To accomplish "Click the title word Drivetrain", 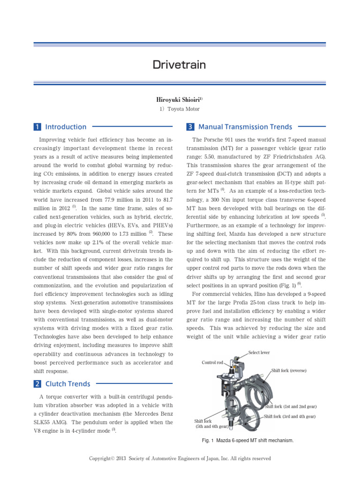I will coord(180,65).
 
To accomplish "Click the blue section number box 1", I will coord(37,127).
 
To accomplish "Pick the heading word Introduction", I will coord(66,127).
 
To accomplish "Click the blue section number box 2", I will coord(37,384).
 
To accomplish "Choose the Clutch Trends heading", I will coord(67,384).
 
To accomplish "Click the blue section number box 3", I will coord(190,127).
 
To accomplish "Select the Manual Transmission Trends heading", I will coord(245,127).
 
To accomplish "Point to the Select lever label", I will coord(259,352).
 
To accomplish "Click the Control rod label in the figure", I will coord(212,362).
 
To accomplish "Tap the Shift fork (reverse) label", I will coord(289,370).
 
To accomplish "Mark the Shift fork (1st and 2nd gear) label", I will coord(291,406).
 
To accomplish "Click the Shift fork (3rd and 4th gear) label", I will coord(290,416).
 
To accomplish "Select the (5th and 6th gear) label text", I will coord(212,427).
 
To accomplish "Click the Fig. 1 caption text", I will coord(247,441).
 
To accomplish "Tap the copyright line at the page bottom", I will coord(180,458).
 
